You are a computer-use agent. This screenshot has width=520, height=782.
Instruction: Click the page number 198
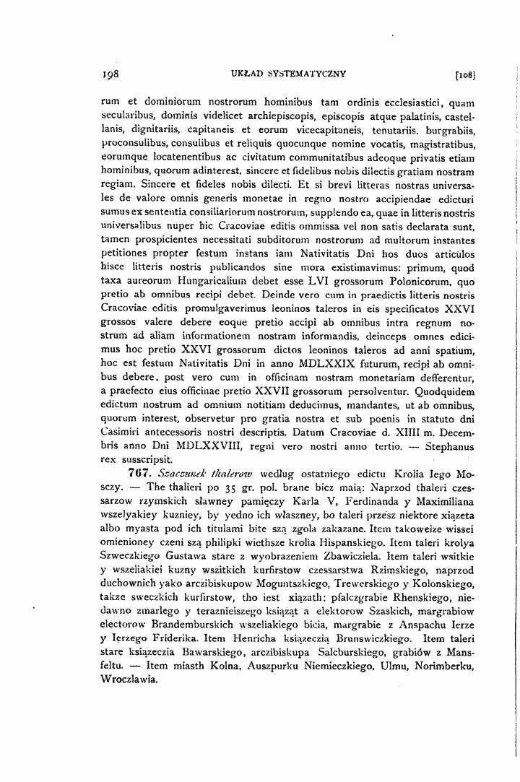[110, 74]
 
